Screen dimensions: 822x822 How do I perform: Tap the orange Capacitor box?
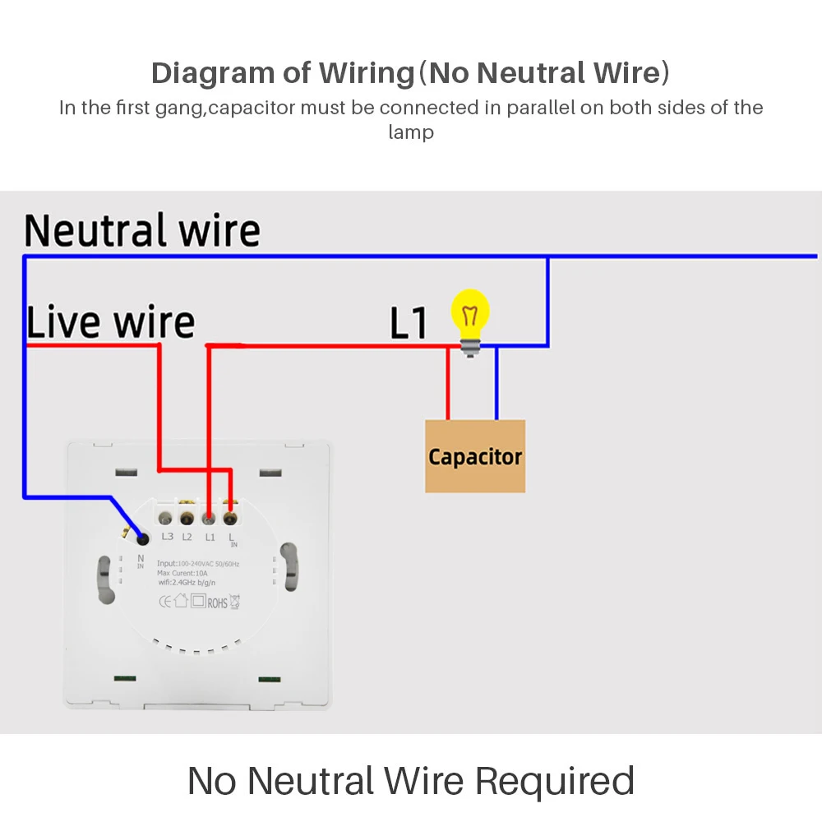click(475, 456)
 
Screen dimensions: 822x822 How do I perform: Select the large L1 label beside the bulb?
click(409, 323)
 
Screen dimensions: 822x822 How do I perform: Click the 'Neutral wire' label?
click(142, 231)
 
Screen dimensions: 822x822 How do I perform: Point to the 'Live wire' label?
click(111, 321)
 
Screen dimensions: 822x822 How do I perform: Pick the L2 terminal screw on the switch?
click(187, 519)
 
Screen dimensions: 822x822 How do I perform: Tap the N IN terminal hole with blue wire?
click(144, 538)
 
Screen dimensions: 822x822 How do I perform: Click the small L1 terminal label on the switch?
click(210, 537)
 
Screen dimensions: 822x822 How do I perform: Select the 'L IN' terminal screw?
click(230, 518)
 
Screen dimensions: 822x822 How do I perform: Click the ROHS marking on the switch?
click(217, 603)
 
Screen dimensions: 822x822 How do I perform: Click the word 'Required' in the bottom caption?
click(555, 780)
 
